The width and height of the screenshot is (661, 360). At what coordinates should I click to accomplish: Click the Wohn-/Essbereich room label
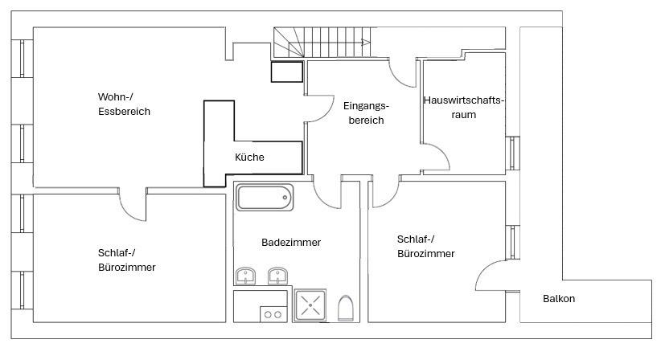pyautogui.click(x=124, y=104)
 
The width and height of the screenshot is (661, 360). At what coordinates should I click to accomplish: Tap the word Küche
pyautogui.click(x=249, y=157)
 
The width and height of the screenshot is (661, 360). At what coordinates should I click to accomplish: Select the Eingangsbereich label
pyautogui.click(x=365, y=113)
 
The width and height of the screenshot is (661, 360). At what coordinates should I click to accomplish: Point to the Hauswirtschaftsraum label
pyautogui.click(x=463, y=108)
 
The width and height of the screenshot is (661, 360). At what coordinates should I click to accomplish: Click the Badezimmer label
pyautogui.click(x=291, y=242)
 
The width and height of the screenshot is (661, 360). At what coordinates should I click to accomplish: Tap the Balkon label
pyautogui.click(x=559, y=299)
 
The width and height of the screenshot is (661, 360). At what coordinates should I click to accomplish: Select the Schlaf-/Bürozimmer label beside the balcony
pyautogui.click(x=425, y=246)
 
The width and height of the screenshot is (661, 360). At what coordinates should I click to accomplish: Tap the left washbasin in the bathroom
pyautogui.click(x=246, y=277)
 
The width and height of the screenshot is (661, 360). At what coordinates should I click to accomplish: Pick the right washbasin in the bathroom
pyautogui.click(x=277, y=277)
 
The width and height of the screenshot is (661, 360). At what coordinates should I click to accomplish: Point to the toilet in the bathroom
pyautogui.click(x=347, y=308)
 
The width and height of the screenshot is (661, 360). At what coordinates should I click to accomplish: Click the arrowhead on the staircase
pyautogui.click(x=367, y=43)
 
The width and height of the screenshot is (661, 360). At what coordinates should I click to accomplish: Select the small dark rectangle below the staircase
pyautogui.click(x=286, y=72)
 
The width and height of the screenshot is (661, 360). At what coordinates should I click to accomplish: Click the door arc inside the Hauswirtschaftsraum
pyautogui.click(x=438, y=157)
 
